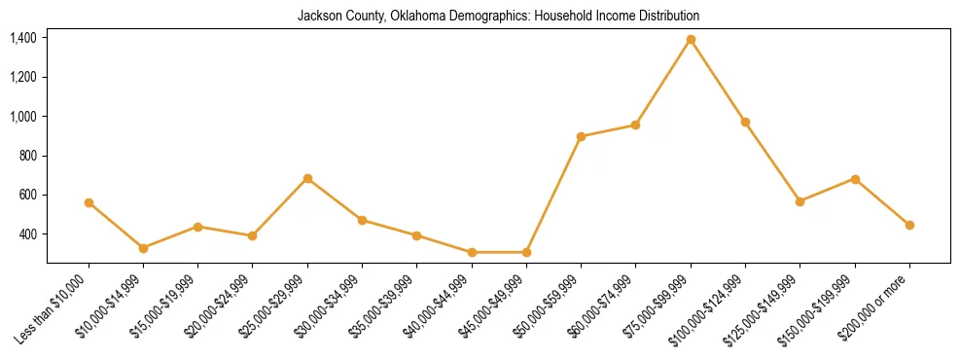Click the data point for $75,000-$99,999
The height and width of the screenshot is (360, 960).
point(691,39)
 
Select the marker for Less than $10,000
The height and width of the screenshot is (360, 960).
point(89,202)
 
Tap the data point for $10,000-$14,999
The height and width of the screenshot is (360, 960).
point(143,248)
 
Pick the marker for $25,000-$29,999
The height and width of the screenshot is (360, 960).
point(307,178)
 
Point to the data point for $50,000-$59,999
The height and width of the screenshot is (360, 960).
point(581,136)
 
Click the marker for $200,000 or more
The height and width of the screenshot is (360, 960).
point(909,225)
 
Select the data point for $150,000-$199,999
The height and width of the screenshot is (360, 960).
point(855,179)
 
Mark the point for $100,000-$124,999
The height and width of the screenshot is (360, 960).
point(745,122)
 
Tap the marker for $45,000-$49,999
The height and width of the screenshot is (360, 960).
point(526,252)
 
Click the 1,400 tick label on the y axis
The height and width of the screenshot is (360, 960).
point(23,38)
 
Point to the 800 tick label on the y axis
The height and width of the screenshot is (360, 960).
point(28,156)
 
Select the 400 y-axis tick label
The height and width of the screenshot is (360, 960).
point(28,234)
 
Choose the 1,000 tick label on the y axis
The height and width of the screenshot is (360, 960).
point(23,117)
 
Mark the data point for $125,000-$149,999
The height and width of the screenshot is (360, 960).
point(800,201)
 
